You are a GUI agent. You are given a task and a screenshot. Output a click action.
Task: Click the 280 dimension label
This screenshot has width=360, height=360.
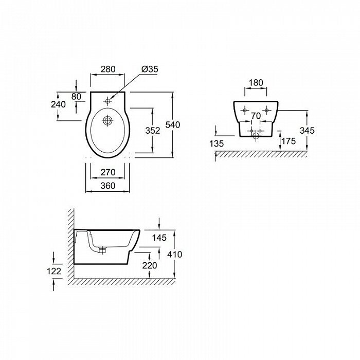click(x=108, y=69)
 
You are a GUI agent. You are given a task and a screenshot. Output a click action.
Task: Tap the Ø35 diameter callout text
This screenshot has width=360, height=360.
click(x=150, y=69)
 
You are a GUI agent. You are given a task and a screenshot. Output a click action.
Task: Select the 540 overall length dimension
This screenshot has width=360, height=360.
click(x=173, y=125)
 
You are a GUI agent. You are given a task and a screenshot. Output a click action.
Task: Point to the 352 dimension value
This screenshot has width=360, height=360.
click(x=153, y=131)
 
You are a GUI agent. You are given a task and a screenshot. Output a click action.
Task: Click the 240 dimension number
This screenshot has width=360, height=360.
click(x=58, y=104)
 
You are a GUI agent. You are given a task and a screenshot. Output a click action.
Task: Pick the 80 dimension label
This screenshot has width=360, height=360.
click(x=76, y=97)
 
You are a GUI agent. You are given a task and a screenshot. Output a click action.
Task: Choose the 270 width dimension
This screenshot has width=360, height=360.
click(x=108, y=172)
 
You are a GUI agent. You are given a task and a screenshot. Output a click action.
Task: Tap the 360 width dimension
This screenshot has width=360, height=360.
click(x=108, y=186)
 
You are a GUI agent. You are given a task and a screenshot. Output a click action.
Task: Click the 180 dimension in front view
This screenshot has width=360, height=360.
click(x=256, y=83)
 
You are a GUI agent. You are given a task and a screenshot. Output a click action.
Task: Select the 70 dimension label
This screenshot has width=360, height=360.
click(x=256, y=116)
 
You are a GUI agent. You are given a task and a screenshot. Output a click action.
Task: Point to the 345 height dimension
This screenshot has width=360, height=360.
click(x=307, y=131)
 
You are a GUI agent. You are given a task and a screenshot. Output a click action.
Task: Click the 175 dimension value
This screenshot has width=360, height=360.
click(x=289, y=141)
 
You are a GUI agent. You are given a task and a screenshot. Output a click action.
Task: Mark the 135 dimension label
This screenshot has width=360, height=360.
click(x=217, y=143)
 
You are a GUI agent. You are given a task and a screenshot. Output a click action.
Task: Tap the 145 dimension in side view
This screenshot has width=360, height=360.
click(x=159, y=238)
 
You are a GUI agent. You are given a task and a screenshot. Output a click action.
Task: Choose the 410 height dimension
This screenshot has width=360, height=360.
click(x=175, y=255)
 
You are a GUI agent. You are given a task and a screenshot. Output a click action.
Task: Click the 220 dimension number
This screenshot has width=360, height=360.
click(x=150, y=265)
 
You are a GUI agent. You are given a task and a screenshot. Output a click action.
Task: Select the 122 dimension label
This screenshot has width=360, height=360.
click(x=54, y=271)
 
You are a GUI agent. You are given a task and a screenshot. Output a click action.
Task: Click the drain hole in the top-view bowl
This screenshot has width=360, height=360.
click(x=107, y=120)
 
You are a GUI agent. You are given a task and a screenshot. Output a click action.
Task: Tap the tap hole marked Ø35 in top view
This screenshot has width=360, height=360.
click(x=107, y=101)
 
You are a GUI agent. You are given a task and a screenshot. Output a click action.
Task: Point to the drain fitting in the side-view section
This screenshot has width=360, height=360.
click(x=103, y=250)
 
